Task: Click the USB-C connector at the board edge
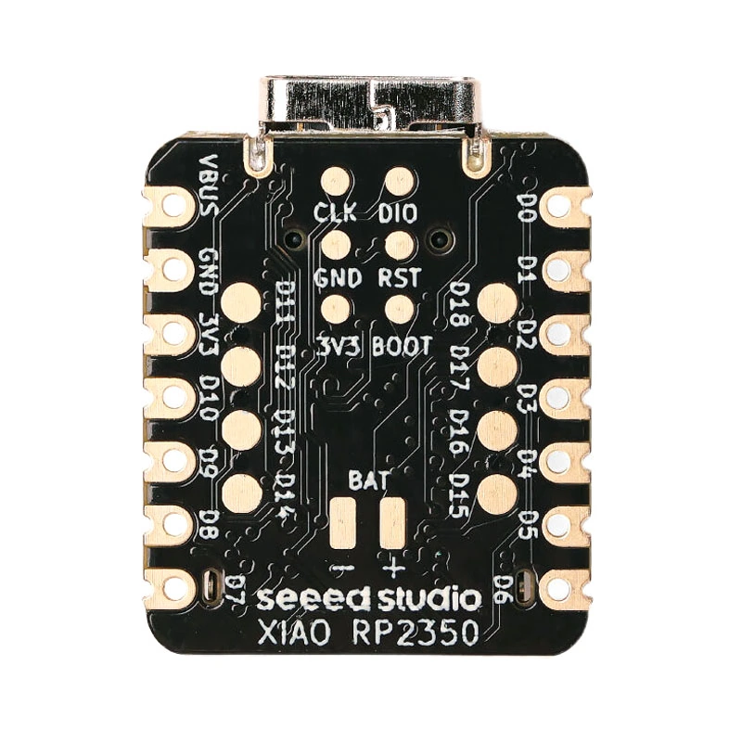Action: [x=371, y=102]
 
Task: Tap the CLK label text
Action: [x=335, y=212]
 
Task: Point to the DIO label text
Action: [x=398, y=212]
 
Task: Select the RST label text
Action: [x=399, y=277]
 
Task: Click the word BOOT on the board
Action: [x=402, y=346]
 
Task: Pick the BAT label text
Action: [x=368, y=480]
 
